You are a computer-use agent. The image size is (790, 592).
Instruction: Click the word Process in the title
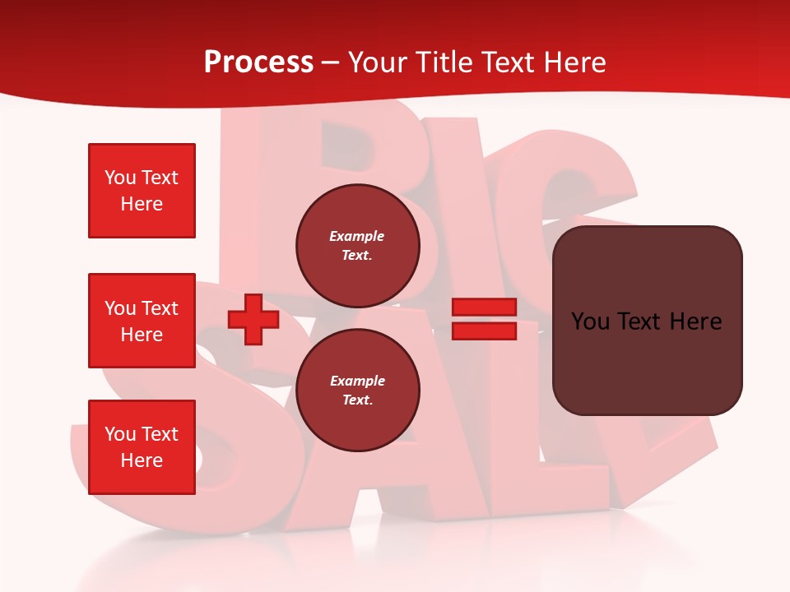[x=258, y=62]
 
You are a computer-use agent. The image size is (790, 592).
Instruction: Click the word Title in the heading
[x=443, y=62]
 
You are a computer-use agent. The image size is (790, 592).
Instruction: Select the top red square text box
[x=142, y=191]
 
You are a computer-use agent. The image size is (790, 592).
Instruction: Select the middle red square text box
[x=142, y=321]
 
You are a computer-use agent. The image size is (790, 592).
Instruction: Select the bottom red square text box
[x=142, y=447]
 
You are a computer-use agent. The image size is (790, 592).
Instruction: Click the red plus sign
[x=253, y=320]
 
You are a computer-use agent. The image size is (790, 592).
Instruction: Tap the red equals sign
[x=484, y=320]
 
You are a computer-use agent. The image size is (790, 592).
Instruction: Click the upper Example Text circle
[x=357, y=246]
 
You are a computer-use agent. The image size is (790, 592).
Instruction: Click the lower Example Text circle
[x=357, y=391]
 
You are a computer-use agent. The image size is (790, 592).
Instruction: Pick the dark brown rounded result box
[x=647, y=320]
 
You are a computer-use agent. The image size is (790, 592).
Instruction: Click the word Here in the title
[x=576, y=62]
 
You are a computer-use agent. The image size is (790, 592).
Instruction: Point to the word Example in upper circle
[x=357, y=236]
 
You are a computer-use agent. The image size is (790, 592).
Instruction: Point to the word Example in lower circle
[x=357, y=381]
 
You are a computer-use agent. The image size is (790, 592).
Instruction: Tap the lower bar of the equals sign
[x=484, y=331]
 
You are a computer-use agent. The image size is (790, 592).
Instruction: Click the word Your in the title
[x=377, y=62]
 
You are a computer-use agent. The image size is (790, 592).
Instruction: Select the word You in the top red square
[x=119, y=178]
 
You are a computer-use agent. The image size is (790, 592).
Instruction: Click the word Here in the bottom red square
[x=142, y=460]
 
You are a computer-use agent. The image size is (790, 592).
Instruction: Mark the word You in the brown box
[x=590, y=321]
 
